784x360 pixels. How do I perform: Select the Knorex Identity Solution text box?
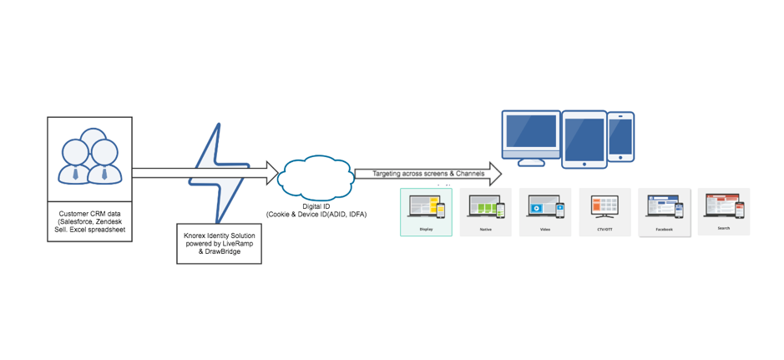coord(219,242)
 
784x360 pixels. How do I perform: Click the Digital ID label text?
coord(316,205)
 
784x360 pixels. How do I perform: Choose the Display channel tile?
coord(426,212)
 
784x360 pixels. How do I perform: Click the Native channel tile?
coord(485,212)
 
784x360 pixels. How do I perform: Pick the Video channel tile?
coord(545,212)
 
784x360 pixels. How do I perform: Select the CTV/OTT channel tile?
coord(604,212)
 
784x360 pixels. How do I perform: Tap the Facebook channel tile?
coord(665,212)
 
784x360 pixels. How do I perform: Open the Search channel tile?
coord(724,211)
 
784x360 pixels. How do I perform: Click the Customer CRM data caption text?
coord(89,221)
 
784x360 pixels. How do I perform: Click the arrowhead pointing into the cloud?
coord(271,173)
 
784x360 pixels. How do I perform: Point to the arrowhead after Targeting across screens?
coord(494,173)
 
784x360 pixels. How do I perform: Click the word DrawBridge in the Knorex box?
coord(223,251)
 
